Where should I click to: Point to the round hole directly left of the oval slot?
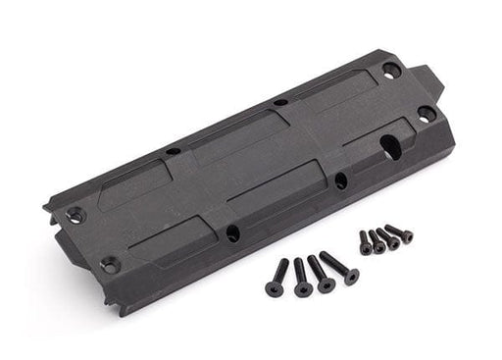coord(338,180)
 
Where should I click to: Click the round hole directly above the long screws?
coord(234,232)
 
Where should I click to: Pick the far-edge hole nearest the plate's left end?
coord(173,151)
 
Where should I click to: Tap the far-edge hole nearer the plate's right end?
coord(279,102)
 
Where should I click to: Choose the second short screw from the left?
coord(377,241)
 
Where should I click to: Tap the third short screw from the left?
coord(389,236)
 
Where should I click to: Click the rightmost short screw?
coord(400,233)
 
